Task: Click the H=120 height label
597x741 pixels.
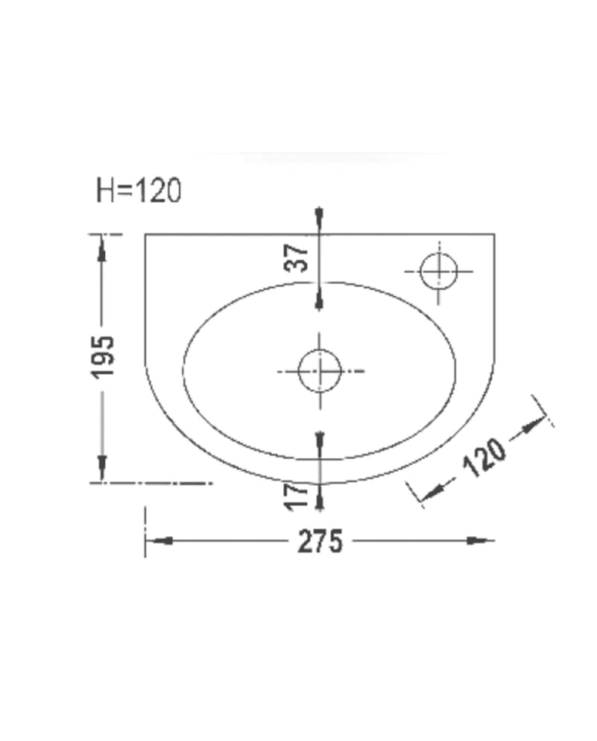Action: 138,191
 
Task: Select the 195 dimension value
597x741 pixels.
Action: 103,356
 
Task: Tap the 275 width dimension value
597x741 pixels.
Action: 320,541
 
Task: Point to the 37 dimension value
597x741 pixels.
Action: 296,257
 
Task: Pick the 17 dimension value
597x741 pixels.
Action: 296,496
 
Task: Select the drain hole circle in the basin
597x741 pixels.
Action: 320,371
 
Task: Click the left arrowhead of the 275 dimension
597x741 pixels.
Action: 159,541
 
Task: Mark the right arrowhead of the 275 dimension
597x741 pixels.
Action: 481,541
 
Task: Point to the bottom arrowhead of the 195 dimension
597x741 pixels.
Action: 102,469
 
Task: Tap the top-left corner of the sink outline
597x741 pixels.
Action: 146,234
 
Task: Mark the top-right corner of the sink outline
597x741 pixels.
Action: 494,234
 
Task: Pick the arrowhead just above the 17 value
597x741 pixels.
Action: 319,440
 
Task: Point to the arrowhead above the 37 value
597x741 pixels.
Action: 319,218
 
